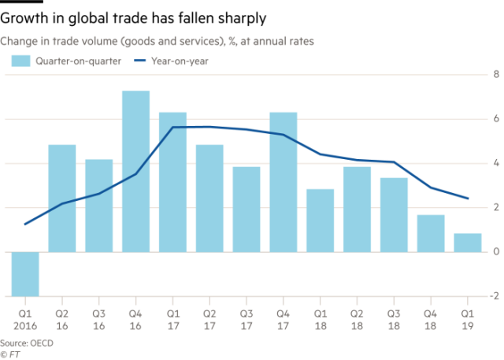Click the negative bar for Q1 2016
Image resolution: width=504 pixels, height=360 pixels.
pos(25,273)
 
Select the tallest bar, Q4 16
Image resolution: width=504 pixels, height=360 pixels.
pos(135,171)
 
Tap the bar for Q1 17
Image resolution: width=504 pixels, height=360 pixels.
pos(172,181)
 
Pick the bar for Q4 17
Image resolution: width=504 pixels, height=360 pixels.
pos(283,181)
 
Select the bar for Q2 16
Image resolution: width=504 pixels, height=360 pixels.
pos(62,197)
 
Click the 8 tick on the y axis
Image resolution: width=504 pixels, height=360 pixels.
pos(496,73)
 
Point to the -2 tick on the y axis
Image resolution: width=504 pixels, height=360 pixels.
pos(494,295)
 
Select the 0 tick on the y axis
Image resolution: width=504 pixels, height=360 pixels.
pos(496,251)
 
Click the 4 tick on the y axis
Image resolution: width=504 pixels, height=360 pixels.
pos(496,162)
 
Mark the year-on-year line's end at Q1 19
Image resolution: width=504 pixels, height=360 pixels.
pos(469,199)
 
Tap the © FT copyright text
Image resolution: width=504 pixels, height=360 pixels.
pos(10,354)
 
